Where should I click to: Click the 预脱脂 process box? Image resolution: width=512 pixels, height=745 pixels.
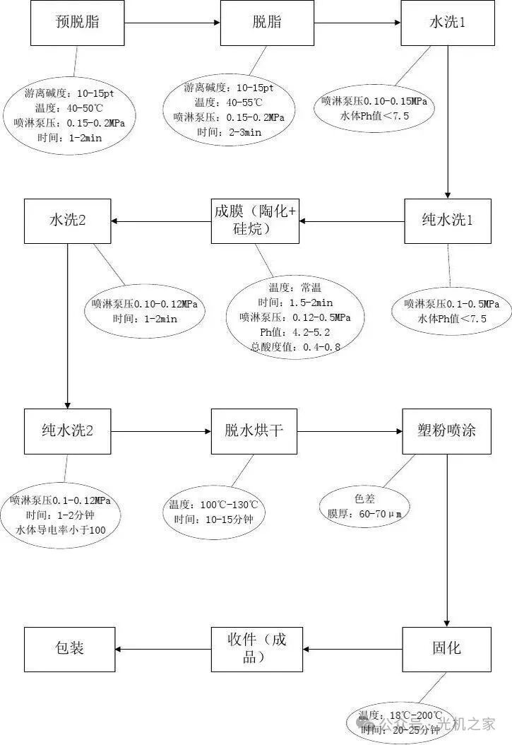click(x=77, y=23)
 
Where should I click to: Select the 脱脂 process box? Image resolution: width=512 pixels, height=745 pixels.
click(x=267, y=23)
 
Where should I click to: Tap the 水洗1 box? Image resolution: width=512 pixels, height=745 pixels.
click(x=447, y=23)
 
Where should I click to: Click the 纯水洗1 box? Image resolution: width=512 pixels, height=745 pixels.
click(x=447, y=220)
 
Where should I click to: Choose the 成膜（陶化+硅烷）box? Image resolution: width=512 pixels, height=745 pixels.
click(x=255, y=220)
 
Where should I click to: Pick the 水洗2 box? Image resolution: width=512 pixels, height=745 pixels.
click(x=67, y=220)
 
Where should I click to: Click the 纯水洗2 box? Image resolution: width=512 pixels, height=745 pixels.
click(x=67, y=430)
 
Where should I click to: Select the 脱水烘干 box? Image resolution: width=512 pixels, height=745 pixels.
click(x=254, y=430)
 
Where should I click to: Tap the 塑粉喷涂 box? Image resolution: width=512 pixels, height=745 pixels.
click(x=446, y=430)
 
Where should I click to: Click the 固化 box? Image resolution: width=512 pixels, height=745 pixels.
click(x=446, y=648)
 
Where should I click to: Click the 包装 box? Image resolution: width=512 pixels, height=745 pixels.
click(x=69, y=648)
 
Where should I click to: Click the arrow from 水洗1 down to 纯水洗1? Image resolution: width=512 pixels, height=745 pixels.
click(x=447, y=120)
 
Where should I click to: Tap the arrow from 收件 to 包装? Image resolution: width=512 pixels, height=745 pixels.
click(x=162, y=648)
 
